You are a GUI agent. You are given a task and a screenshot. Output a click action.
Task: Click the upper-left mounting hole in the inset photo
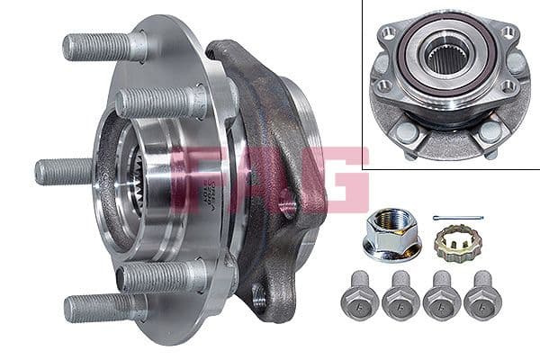pos(389,32)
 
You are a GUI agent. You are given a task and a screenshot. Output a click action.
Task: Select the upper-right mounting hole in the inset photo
pos(508,32)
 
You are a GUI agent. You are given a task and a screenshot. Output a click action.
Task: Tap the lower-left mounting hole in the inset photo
pos(382,86)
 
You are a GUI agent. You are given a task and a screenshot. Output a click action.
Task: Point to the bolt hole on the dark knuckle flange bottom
pos(261,292)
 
